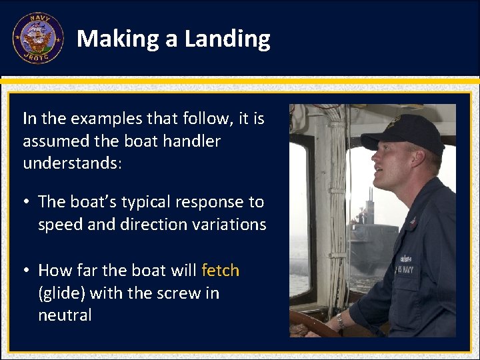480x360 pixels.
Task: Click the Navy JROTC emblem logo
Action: (x=37, y=38)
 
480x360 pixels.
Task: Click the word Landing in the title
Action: (x=227, y=39)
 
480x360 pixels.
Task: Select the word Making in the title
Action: (x=118, y=39)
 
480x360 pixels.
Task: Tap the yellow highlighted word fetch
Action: (x=220, y=270)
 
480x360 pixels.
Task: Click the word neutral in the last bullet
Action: (x=65, y=315)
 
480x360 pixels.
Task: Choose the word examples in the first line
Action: (x=99, y=119)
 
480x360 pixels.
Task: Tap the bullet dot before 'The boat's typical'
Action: (x=27, y=202)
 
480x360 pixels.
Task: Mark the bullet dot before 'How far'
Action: (x=27, y=271)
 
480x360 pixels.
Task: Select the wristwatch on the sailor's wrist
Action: (x=341, y=321)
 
